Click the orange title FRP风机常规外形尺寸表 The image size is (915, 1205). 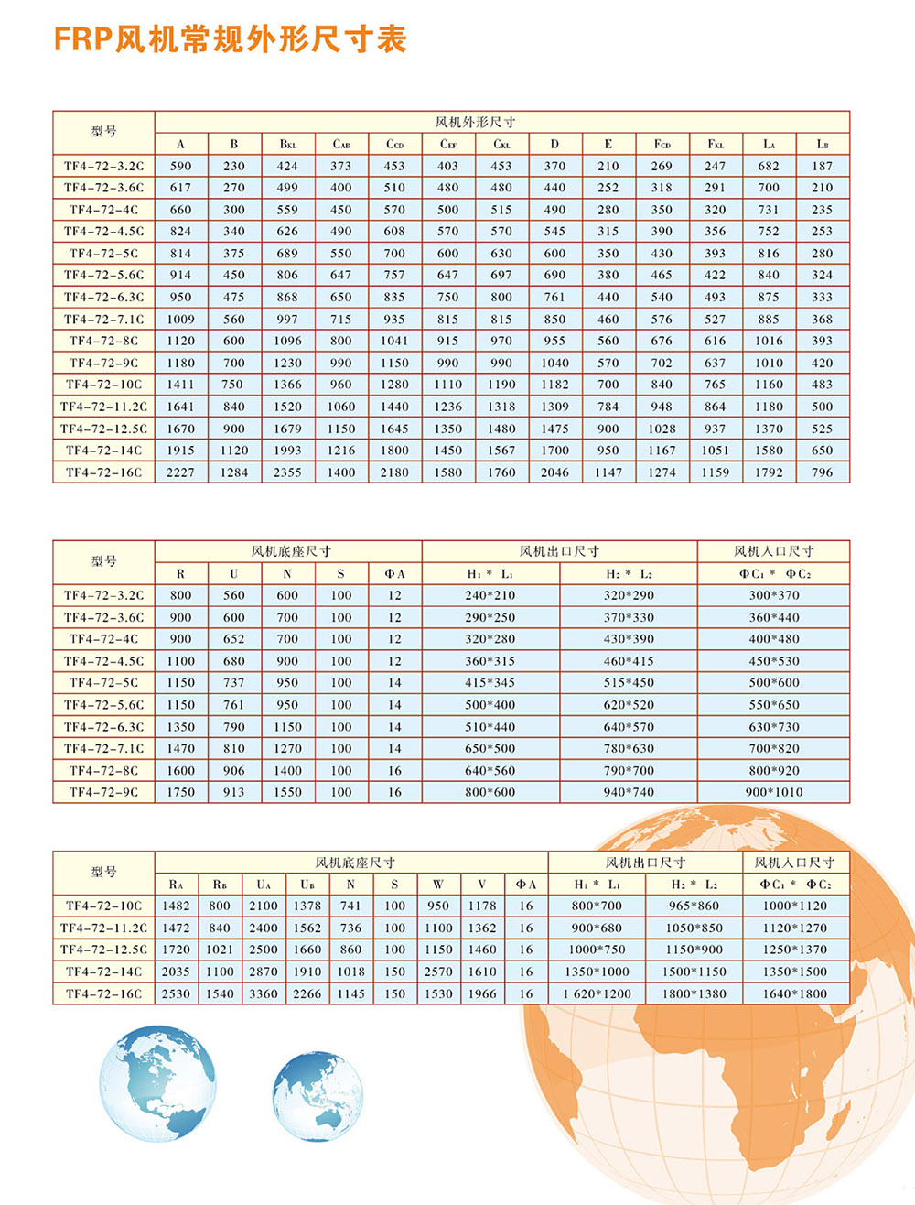[x=230, y=39]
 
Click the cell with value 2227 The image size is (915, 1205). [x=180, y=472]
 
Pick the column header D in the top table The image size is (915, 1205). [x=554, y=144]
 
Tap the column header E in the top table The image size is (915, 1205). [x=608, y=144]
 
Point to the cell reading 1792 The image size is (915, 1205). [x=769, y=472]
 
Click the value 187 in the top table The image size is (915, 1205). [x=822, y=166]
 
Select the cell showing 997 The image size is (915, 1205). [x=287, y=319]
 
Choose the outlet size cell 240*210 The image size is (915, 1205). [x=490, y=595]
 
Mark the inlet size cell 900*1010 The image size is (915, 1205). [x=774, y=792]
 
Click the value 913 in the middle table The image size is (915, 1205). [x=234, y=792]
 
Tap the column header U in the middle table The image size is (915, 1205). [x=234, y=573]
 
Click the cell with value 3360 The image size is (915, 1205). [x=264, y=993]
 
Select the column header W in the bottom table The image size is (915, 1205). [x=438, y=884]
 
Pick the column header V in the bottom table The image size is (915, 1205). [x=482, y=884]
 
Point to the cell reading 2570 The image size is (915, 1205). [x=438, y=972]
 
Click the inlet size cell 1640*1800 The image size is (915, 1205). [x=794, y=993]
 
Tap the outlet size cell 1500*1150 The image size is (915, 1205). [x=694, y=972]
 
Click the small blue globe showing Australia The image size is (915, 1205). [x=318, y=1096]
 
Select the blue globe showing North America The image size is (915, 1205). [x=157, y=1083]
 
